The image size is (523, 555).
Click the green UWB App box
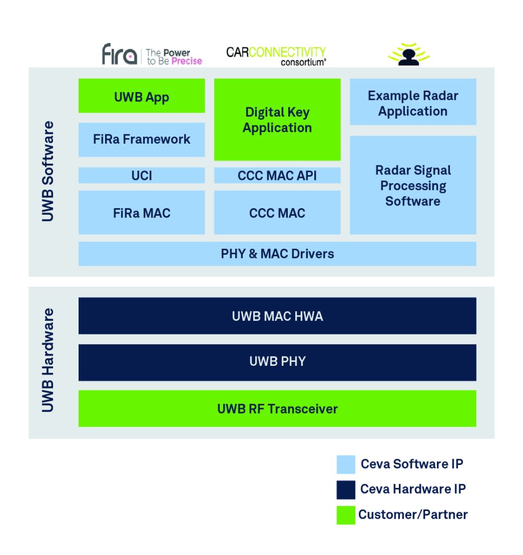coord(141,96)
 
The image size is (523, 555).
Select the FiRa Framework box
coord(141,139)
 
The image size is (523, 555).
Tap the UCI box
coord(141,176)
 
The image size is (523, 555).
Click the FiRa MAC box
coord(141,212)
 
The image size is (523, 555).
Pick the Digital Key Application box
coord(277,120)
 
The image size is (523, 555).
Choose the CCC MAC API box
coord(277,176)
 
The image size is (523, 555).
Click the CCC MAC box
coord(277,212)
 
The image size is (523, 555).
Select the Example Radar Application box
coord(412,102)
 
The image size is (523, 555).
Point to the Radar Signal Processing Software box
coord(412,185)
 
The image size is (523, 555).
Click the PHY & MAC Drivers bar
coord(277,254)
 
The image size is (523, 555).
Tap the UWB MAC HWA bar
coord(277,316)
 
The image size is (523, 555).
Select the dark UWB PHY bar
coord(277,362)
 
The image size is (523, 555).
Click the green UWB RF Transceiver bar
coord(277,409)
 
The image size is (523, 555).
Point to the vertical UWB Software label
coord(48,171)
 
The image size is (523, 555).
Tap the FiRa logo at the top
coord(152,55)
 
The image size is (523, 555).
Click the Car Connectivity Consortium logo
coord(276,55)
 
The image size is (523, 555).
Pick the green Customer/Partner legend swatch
coord(346,515)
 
